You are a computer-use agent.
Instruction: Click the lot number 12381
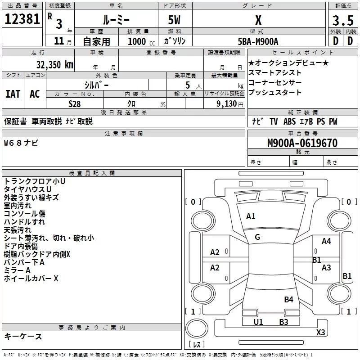point(22,19)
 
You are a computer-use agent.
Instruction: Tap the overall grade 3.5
point(342,20)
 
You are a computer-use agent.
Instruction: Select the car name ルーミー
point(116,20)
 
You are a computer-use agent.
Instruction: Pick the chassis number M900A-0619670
point(302,143)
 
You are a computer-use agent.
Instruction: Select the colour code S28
point(75,103)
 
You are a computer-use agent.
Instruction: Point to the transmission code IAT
point(13,94)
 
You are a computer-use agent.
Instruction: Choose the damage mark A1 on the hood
point(251,216)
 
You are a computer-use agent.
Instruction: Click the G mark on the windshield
point(257,237)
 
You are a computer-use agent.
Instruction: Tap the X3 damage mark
point(320,332)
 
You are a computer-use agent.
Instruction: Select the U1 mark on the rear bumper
point(258,322)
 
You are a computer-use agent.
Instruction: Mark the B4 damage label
point(288,299)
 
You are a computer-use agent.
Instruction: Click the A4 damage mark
point(326,241)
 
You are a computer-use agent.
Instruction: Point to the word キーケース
point(23,336)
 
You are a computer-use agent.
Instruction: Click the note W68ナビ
point(21,143)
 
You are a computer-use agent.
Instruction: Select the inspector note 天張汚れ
point(18,230)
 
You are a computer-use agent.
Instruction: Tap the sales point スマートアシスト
point(275,73)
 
